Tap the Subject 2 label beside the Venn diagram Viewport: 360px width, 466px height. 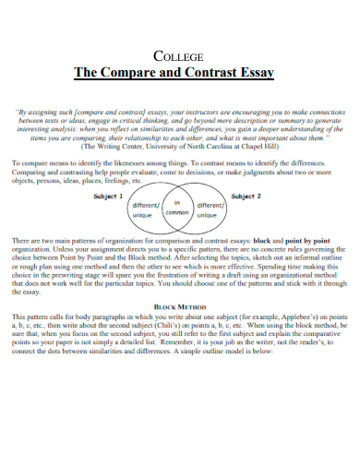(246, 197)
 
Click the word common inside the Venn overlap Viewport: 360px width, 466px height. (176, 213)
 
